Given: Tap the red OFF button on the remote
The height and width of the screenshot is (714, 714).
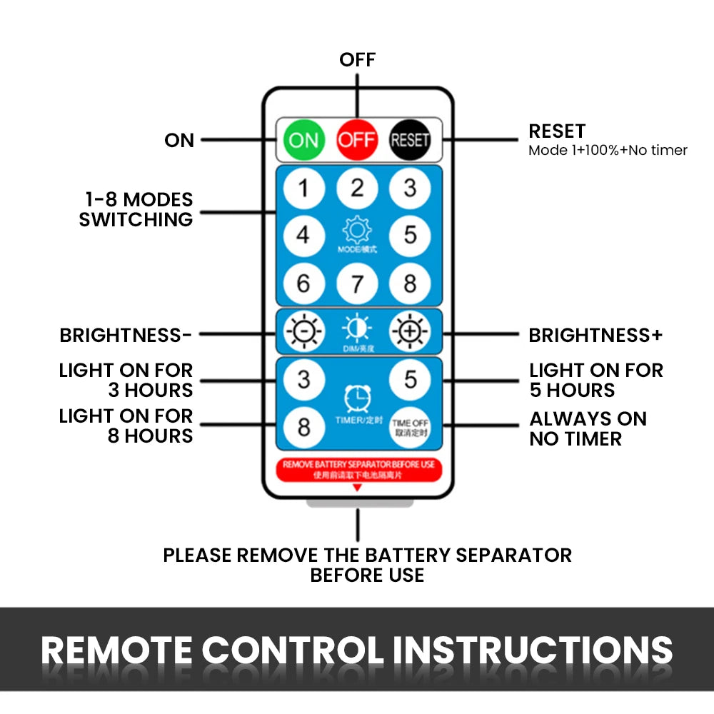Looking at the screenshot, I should coord(356,139).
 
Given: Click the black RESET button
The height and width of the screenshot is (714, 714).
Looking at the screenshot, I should coord(410,139).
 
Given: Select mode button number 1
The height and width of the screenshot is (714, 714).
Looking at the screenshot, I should coord(303,188).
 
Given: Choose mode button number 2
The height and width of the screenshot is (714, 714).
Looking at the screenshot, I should coord(357,188).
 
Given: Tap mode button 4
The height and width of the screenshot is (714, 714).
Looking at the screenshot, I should coord(303,235).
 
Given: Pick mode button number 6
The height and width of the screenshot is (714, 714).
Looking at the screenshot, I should coord(303,283).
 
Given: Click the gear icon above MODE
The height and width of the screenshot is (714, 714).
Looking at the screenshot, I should coord(357,231).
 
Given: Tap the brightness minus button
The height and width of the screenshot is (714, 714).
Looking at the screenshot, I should coord(303,332).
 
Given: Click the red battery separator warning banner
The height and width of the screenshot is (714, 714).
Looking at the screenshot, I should coord(358,469).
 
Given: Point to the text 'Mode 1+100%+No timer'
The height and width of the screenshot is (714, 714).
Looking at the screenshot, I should coord(608,151).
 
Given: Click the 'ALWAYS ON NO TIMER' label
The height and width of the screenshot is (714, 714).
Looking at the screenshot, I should coord(588,428).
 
